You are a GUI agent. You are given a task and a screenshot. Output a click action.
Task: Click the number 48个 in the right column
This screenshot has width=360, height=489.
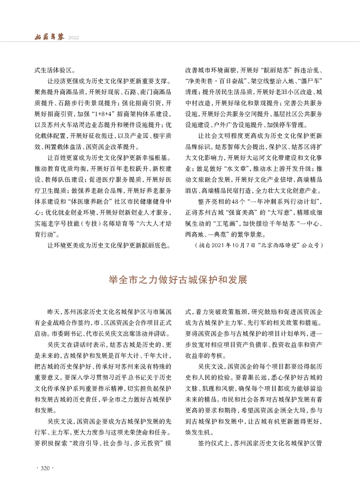point(237,188)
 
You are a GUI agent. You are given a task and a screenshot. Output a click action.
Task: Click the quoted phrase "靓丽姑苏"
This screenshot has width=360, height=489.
point(276,71)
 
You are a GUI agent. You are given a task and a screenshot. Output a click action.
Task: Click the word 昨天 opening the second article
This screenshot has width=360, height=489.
point(53,312)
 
